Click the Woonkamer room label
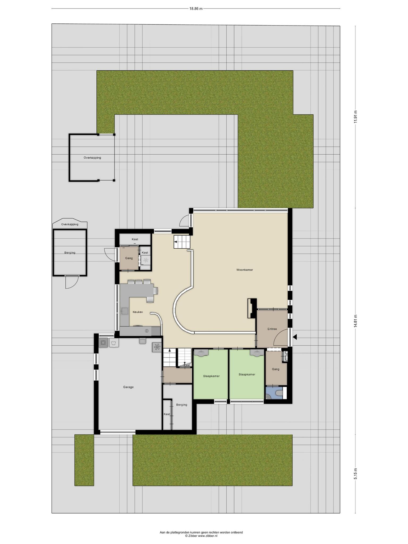(245, 270)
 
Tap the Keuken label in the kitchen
(138, 312)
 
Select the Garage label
(128, 387)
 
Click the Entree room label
(272, 329)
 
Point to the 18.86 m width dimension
(196, 8)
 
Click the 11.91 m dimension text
(355, 116)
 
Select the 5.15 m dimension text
(355, 474)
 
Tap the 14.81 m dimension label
(355, 321)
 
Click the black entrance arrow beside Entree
(295, 337)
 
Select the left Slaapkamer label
(211, 376)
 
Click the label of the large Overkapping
(92, 158)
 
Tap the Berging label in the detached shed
(70, 253)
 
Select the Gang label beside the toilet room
(276, 369)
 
